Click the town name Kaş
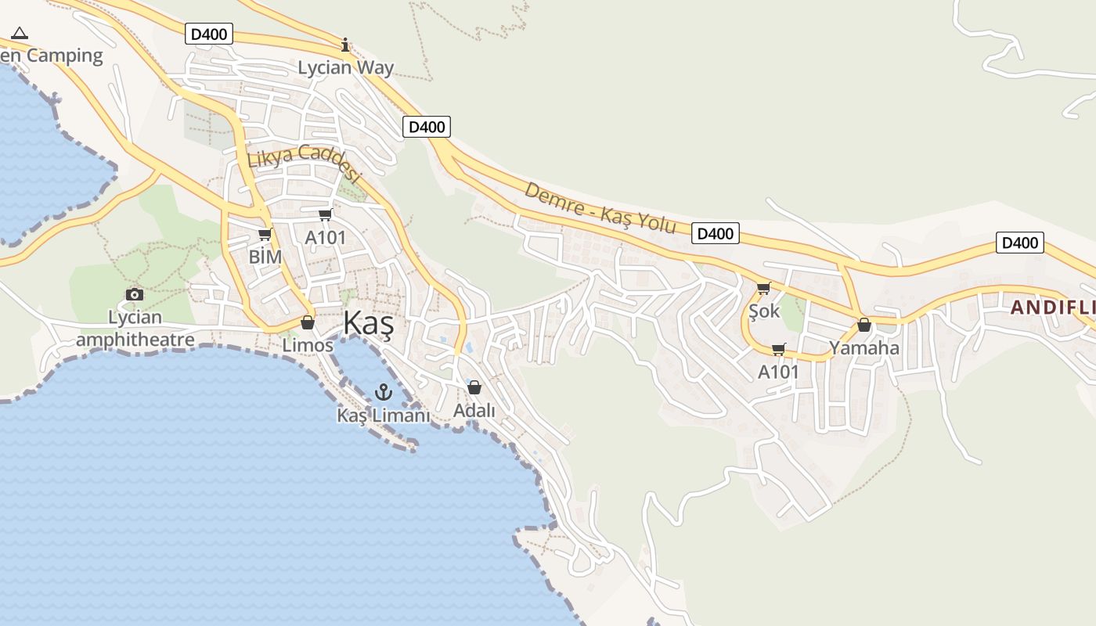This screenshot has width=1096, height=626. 368,324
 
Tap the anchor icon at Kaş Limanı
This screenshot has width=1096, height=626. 384,392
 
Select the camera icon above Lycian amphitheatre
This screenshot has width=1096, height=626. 135,294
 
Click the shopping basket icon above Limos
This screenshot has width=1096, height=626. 308,322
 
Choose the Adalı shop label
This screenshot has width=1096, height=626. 474,410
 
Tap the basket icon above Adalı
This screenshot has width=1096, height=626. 474,387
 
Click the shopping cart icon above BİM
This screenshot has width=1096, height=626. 265,234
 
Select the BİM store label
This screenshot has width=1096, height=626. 265,256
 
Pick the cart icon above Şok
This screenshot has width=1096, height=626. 764,288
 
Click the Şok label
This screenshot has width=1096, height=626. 764,311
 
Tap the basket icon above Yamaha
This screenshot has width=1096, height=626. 864,325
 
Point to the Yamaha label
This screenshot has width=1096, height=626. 864,347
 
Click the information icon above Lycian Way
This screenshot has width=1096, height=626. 345,45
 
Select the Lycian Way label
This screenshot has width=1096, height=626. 345,68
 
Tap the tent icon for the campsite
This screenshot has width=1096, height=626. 20,33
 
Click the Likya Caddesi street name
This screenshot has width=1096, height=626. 303,162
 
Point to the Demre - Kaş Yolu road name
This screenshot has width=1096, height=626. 600,208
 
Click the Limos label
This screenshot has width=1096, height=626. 308,345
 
